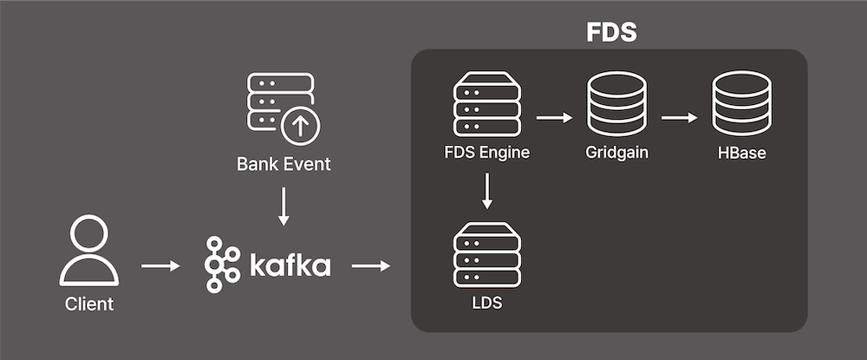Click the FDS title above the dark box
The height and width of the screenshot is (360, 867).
click(x=610, y=32)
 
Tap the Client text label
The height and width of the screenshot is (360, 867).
click(x=89, y=304)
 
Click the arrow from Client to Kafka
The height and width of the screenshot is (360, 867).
click(x=160, y=265)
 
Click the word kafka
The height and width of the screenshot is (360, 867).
click(x=290, y=264)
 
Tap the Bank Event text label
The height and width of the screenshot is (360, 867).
click(x=284, y=163)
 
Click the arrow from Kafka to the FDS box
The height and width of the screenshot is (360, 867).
click(x=370, y=265)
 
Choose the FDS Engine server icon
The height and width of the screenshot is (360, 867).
click(x=486, y=105)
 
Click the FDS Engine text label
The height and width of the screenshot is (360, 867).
click(x=486, y=154)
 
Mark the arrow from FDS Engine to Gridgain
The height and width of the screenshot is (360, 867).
click(x=555, y=116)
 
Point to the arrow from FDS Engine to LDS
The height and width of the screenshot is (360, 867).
click(x=487, y=191)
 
